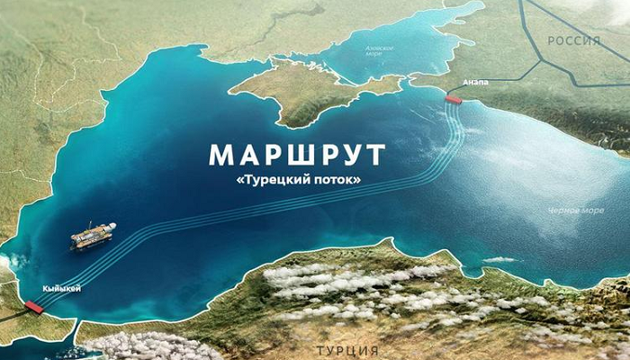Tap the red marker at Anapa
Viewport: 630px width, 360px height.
click(453, 100)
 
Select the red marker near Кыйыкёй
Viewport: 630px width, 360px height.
click(34, 307)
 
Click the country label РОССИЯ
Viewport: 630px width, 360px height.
click(573, 40)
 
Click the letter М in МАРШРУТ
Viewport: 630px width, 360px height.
click(222, 155)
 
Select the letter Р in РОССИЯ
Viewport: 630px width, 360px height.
click(551, 40)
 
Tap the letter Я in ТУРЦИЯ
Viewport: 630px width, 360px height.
click(373, 348)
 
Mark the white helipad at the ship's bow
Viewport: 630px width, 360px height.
click(76, 240)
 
